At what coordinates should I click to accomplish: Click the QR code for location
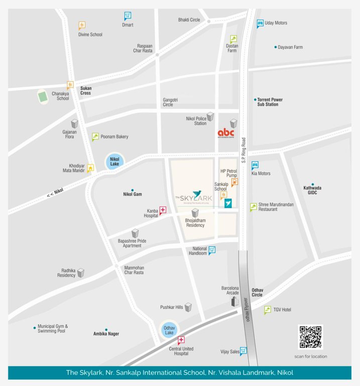click(310, 337)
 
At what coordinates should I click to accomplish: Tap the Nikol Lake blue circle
click(113, 162)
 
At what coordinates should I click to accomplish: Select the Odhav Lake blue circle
click(169, 330)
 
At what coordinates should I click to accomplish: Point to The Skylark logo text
click(194, 197)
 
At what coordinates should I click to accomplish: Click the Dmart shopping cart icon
click(128, 16)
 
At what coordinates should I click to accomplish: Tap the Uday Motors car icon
click(260, 23)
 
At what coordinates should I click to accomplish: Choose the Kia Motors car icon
click(255, 165)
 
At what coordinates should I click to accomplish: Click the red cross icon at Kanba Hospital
click(163, 210)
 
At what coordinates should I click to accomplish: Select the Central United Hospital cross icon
click(181, 340)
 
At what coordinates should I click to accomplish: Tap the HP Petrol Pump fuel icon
click(234, 182)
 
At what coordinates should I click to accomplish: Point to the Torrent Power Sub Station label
click(270, 102)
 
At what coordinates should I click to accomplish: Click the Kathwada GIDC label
click(312, 190)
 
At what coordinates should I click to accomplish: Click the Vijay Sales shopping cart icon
click(243, 351)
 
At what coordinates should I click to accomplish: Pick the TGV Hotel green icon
click(268, 310)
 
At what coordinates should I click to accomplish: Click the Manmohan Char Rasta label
click(134, 270)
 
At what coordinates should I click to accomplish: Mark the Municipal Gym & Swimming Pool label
click(52, 329)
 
